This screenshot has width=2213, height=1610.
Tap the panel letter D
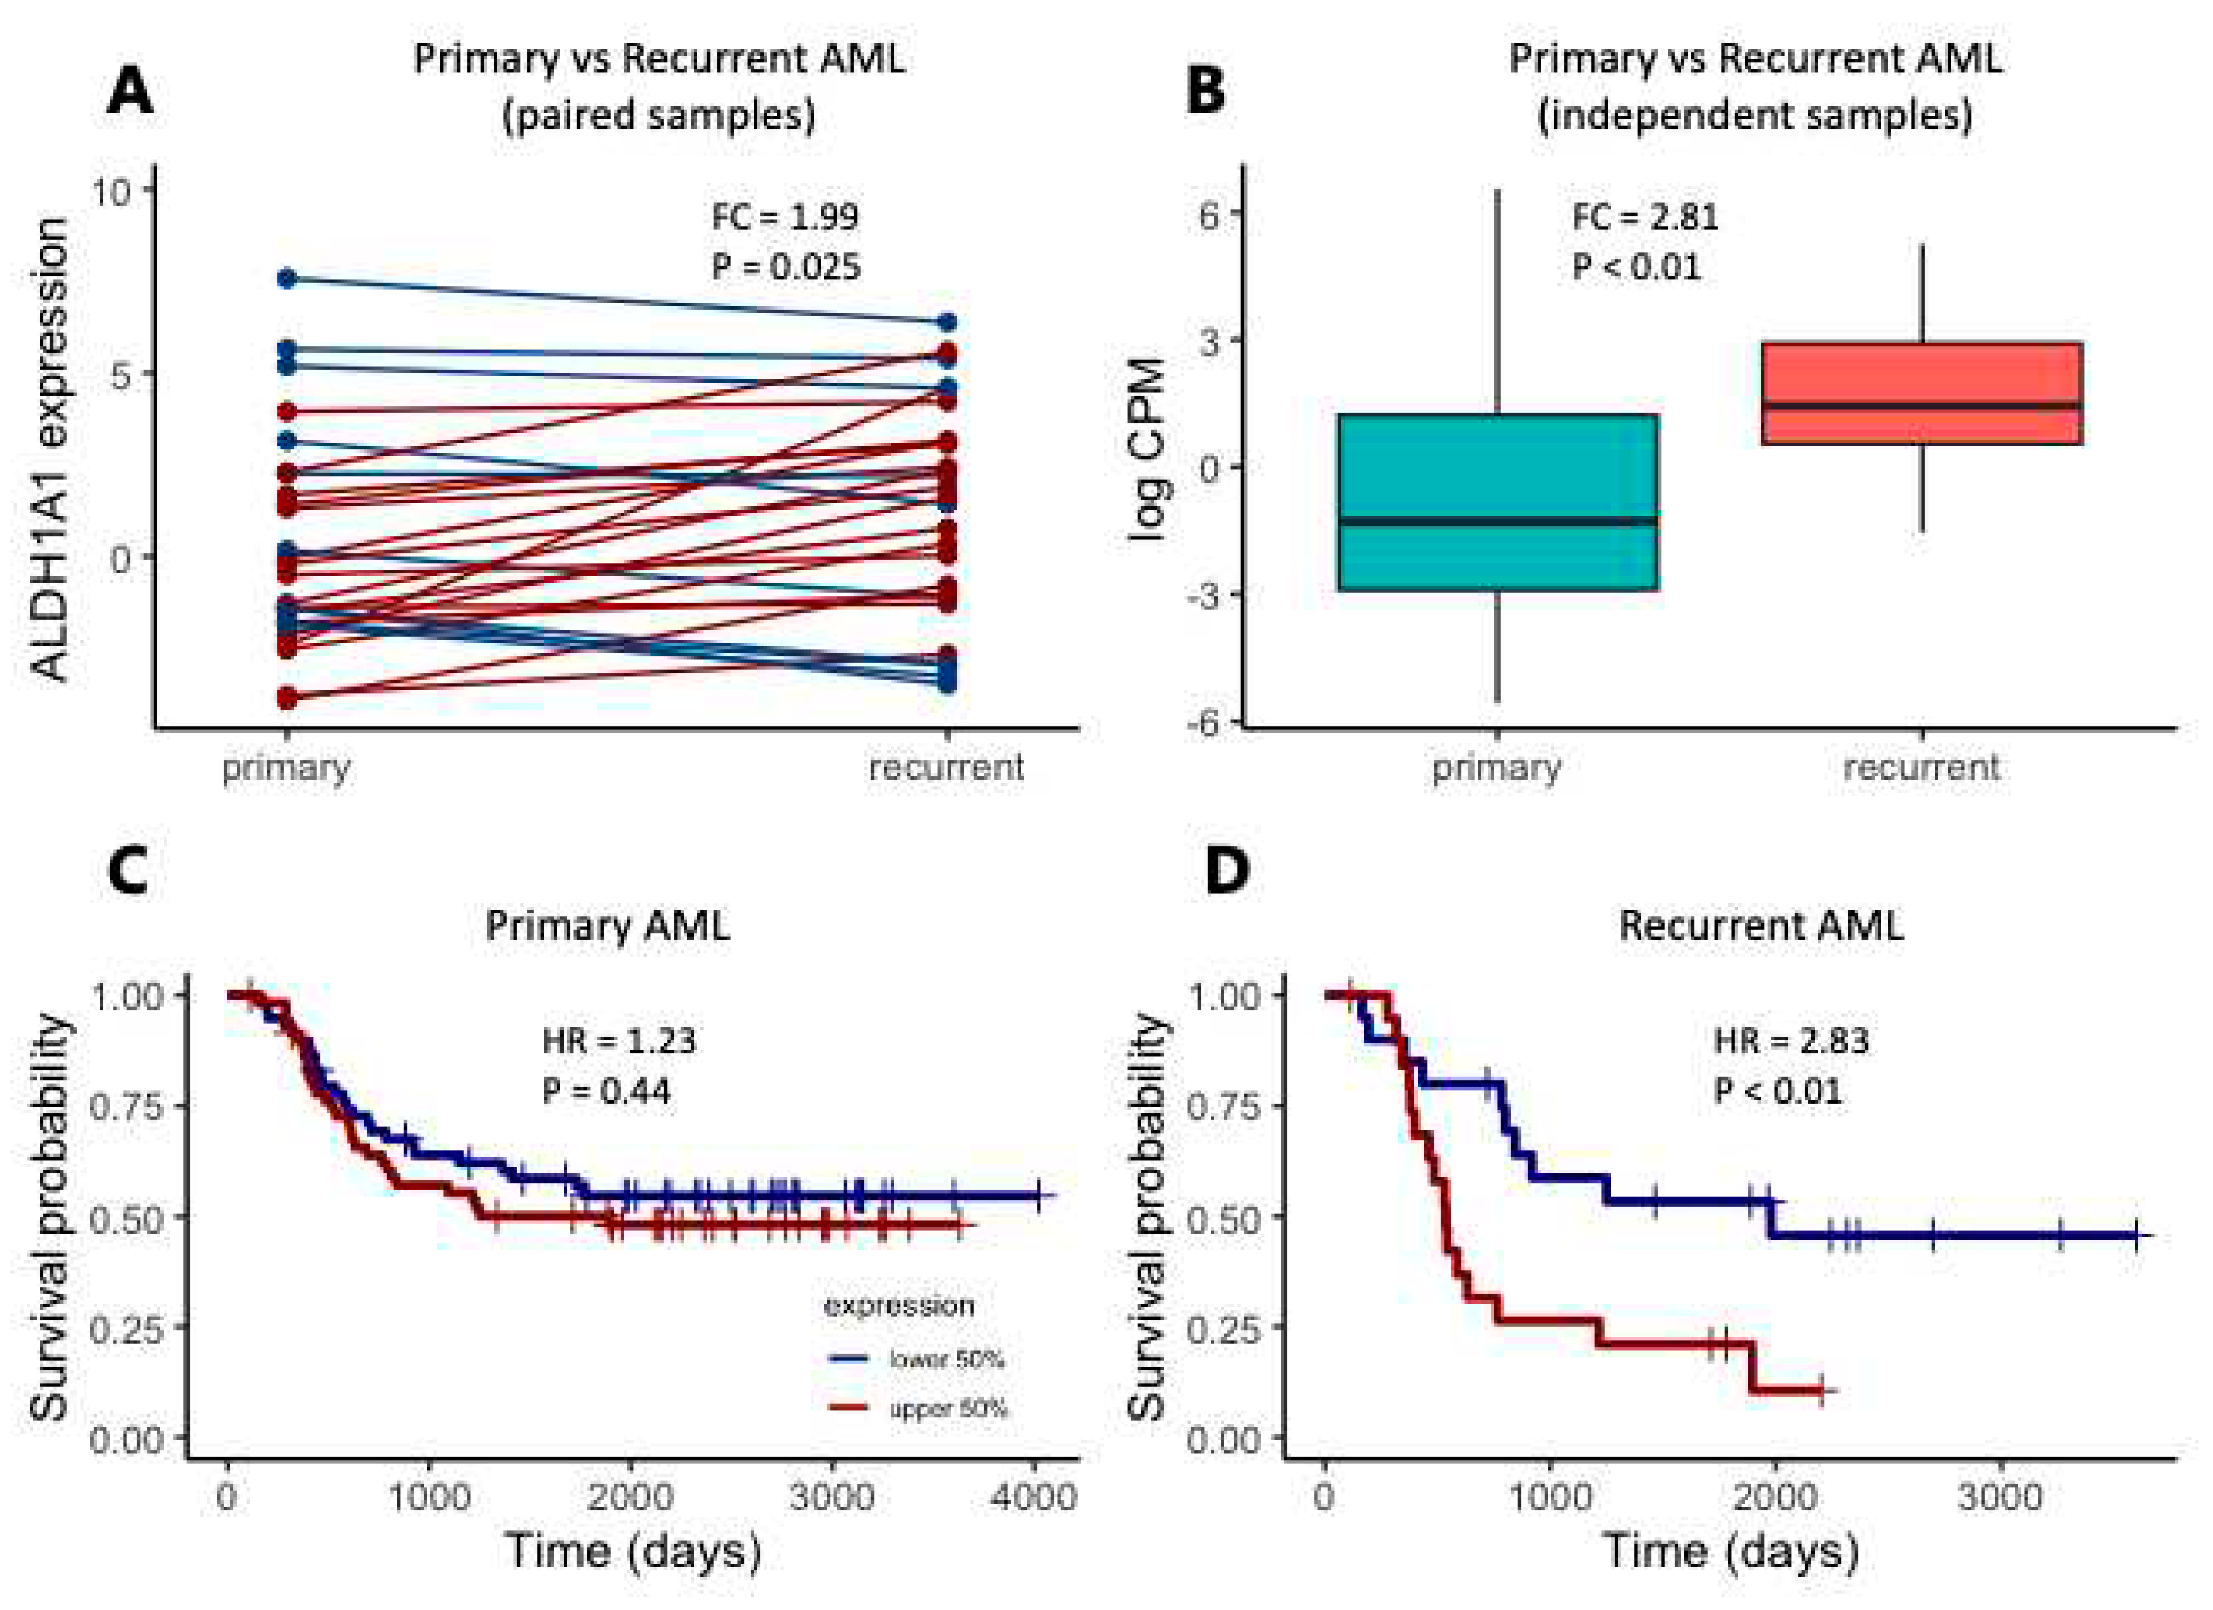(x=1227, y=869)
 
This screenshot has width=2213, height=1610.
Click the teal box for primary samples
(x=1498, y=503)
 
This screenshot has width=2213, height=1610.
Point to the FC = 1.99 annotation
(x=785, y=217)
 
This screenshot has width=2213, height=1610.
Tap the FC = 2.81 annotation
(x=1645, y=217)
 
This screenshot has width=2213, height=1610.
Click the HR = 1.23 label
(x=618, y=1041)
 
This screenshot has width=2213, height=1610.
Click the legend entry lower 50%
(x=945, y=1359)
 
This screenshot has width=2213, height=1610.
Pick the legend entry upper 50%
(x=947, y=1408)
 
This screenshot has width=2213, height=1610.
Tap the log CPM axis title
(x=1148, y=449)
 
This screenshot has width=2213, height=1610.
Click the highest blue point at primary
(x=287, y=279)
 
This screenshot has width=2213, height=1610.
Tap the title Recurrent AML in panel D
(x=1761, y=925)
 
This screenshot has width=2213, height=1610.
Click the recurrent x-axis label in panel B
(x=1920, y=767)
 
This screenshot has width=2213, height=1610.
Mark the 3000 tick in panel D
(x=1999, y=1496)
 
